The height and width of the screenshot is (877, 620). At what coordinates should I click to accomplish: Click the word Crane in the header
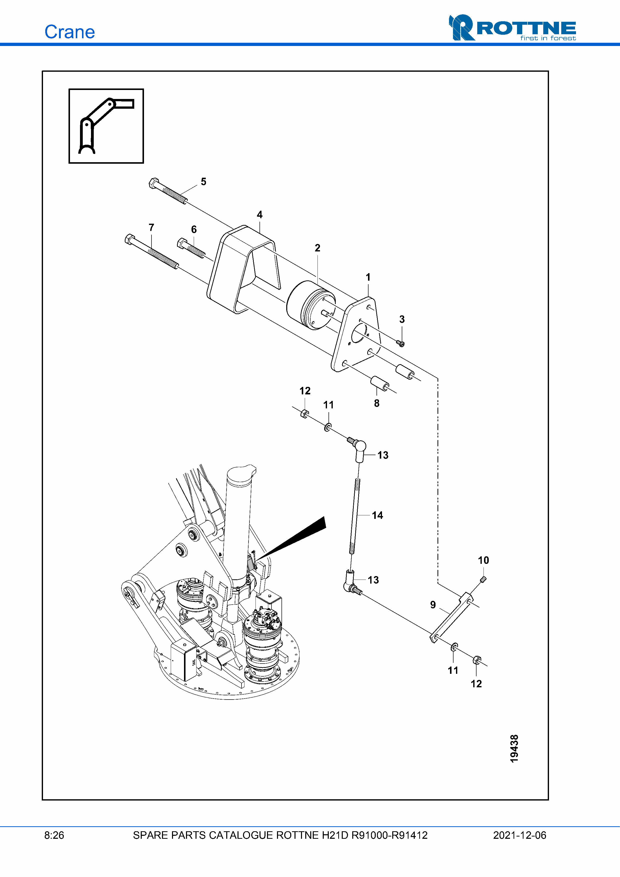click(69, 32)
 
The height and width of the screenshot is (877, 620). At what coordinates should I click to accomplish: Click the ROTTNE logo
click(512, 27)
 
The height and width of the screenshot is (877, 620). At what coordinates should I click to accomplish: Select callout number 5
click(203, 181)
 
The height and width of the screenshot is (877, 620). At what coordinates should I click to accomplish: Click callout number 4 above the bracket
click(260, 215)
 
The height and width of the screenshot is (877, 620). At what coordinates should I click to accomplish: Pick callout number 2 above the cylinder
click(317, 248)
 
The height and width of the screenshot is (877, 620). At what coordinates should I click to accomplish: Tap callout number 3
click(402, 319)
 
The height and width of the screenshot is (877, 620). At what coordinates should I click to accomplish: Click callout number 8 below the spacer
click(377, 403)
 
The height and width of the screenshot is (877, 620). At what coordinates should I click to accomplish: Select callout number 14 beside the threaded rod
click(377, 515)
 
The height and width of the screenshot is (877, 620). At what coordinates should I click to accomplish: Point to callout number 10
click(483, 560)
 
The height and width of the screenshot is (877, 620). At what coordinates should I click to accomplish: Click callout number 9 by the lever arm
click(433, 605)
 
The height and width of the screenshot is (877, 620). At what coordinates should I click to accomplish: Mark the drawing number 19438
click(514, 749)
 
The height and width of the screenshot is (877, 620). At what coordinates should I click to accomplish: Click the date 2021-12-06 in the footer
click(519, 835)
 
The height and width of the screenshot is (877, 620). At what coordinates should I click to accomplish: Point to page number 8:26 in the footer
click(54, 835)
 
